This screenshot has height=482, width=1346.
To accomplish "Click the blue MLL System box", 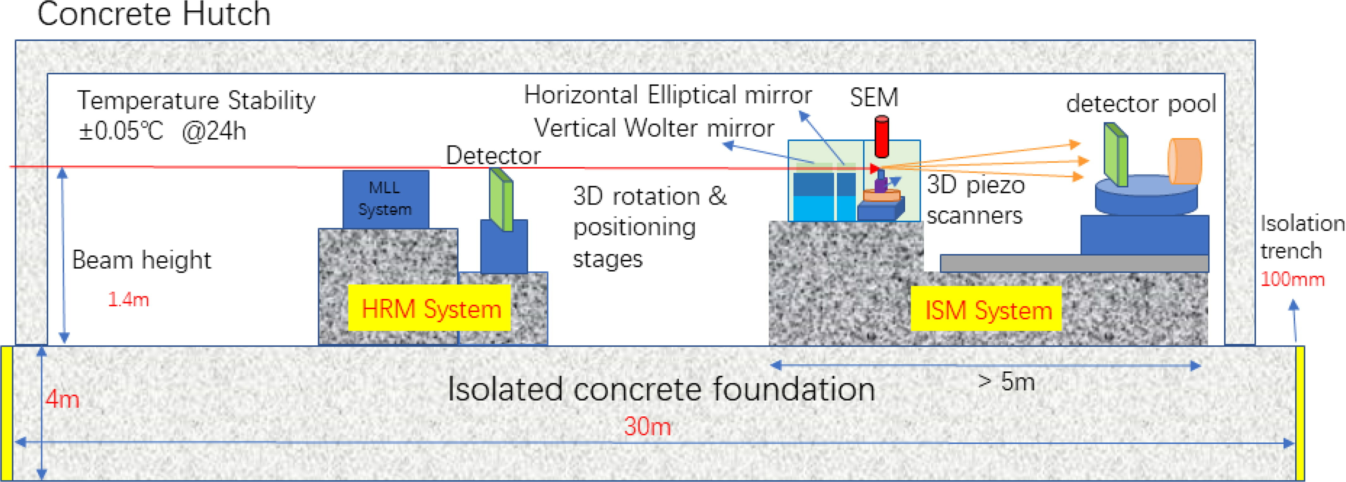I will click(x=386, y=199).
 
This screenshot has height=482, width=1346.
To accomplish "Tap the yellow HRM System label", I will click(x=430, y=308).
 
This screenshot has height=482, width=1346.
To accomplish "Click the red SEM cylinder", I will click(x=882, y=136).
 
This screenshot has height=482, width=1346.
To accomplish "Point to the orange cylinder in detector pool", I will click(x=1185, y=161).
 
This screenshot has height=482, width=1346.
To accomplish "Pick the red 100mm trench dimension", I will click(x=1292, y=279).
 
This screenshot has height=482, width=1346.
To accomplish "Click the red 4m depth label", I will click(x=62, y=399).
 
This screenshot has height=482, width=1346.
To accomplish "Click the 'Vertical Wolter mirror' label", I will click(x=654, y=128).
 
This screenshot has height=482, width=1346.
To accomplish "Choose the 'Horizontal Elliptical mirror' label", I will click(x=667, y=95).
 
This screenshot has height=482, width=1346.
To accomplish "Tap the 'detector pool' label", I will click(x=1141, y=103).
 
